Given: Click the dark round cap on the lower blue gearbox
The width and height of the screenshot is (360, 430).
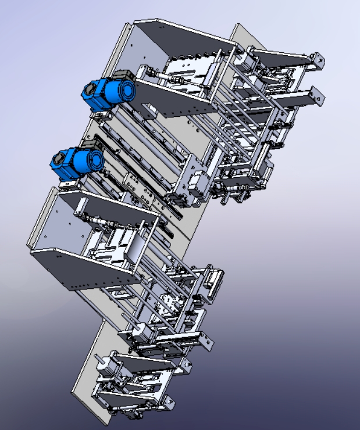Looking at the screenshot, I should (x=58, y=158).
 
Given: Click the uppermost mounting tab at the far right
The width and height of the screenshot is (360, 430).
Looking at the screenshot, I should (x=318, y=59).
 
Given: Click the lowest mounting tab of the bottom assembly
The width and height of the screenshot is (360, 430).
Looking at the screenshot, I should (x=169, y=401).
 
